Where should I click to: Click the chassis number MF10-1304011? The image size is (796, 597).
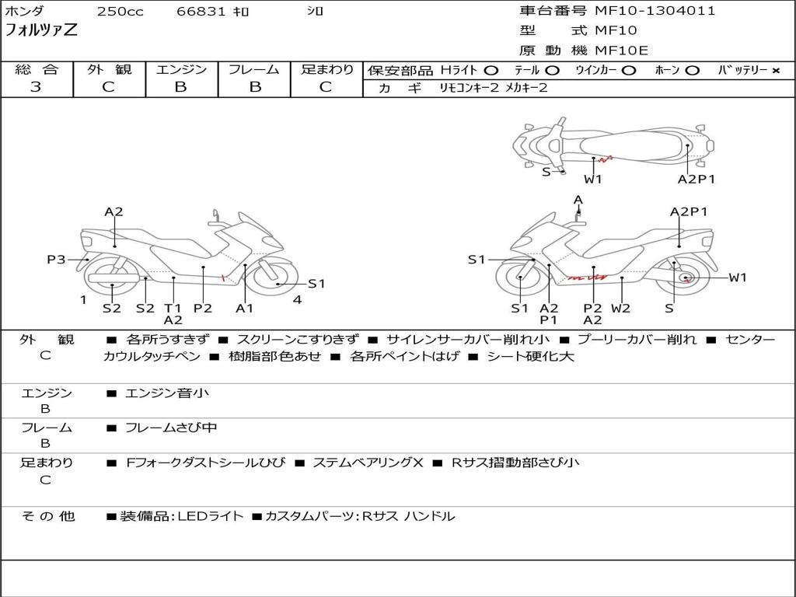coord(655,11)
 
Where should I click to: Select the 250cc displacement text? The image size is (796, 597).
coord(120,12)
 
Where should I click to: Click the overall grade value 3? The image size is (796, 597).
coord(36,87)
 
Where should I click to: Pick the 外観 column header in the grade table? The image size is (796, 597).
coord(109,69)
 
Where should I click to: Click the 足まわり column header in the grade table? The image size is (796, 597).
coord(326,69)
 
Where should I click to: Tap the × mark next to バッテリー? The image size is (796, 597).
coord(775,70)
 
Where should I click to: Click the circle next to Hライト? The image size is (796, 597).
coord(491,70)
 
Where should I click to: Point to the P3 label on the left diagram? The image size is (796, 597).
coord(56,260)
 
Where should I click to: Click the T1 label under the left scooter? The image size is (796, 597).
coord(173,308)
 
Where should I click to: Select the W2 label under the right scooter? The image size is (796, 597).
coord(620,308)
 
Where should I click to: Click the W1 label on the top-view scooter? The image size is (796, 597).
coord(593,179)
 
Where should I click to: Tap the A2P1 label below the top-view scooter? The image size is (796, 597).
coord(696,179)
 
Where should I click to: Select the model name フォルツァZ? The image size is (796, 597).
coord(41,31)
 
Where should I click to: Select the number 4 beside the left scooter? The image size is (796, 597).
coord(297,300)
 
